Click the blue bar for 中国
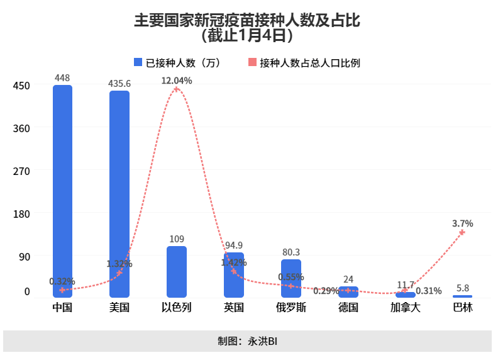pyautogui.click(x=62, y=189)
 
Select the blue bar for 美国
pyautogui.click(x=119, y=192)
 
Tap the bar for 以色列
pyautogui.click(x=177, y=271)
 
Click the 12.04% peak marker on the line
pyautogui.click(x=177, y=89)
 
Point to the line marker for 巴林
pyautogui.click(x=462, y=232)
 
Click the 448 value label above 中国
pyautogui.click(x=62, y=78)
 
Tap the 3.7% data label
pyautogui.click(x=462, y=223)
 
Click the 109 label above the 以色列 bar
pyautogui.click(x=177, y=239)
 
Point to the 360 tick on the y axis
pyautogui.click(x=22, y=128)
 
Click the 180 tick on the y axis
pyautogui.click(x=22, y=213)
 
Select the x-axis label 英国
pyautogui.click(x=234, y=308)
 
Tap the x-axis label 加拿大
pyautogui.click(x=406, y=308)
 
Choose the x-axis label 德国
pyautogui.click(x=348, y=308)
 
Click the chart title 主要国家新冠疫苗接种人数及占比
pyautogui.click(x=246, y=21)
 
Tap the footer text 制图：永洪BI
pyautogui.click(x=246, y=341)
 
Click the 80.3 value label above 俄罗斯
pyautogui.click(x=291, y=252)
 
